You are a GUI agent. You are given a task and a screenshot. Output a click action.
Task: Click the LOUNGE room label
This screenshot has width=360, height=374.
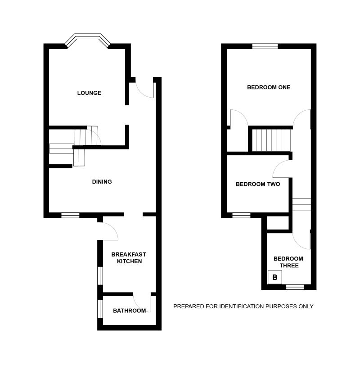point(89,93)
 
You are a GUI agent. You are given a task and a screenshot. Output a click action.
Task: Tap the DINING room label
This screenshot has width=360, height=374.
point(102,182)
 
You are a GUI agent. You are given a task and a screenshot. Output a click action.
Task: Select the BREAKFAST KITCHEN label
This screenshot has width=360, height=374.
point(129,258)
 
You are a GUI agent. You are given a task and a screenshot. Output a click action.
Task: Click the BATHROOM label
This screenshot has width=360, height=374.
point(129,311)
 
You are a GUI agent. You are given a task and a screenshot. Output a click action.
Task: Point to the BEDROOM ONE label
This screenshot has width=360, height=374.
point(269,87)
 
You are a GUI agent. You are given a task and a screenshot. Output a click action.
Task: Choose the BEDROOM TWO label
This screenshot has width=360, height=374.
point(258,184)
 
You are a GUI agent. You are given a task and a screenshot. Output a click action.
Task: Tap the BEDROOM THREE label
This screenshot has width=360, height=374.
point(288,262)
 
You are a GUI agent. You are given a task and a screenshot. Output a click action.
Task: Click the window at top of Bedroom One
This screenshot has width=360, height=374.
point(265,46)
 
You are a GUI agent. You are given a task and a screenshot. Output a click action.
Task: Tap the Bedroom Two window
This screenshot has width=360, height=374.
point(241,215)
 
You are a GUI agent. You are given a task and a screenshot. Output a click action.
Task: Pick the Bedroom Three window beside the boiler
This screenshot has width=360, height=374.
point(295,287)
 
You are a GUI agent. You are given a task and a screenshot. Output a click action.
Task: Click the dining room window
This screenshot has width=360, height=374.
point(70,215)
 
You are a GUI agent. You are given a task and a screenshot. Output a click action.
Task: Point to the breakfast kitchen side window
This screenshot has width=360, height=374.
point(100,275)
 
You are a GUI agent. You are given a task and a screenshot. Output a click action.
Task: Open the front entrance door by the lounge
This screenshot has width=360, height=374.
point(145,89)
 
